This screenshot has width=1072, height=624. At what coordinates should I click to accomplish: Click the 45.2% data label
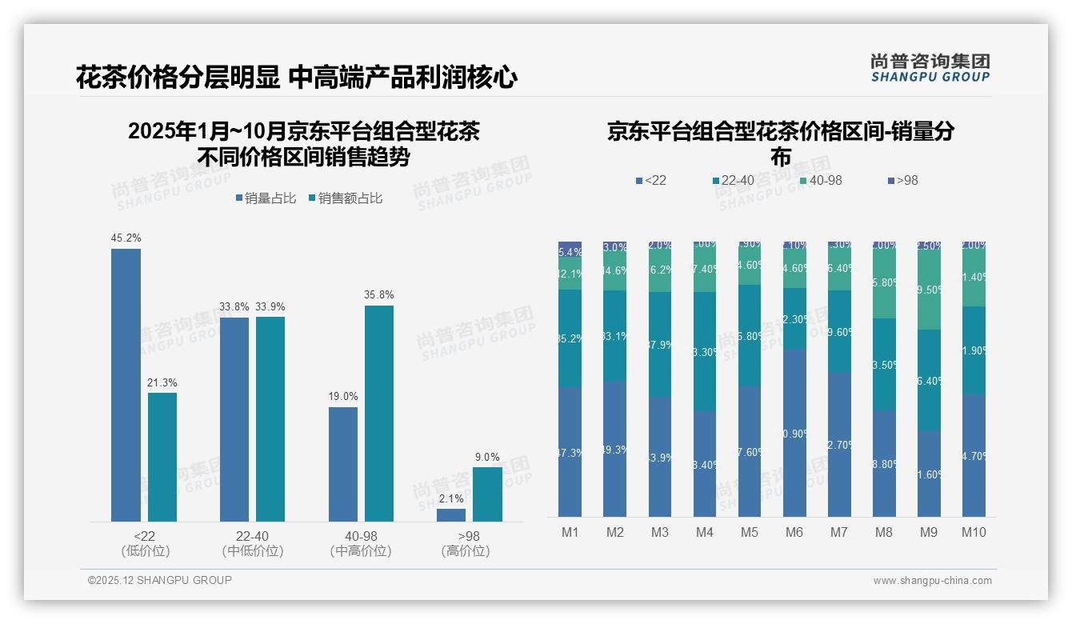click(126, 238)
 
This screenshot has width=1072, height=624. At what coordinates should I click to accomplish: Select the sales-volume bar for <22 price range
click(126, 385)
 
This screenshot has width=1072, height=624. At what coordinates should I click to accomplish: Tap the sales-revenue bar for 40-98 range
click(379, 414)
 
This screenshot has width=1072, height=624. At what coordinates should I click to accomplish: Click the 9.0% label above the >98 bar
click(487, 458)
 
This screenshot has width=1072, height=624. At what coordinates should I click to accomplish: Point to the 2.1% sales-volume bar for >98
click(451, 515)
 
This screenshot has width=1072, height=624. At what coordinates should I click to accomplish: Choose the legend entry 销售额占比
click(345, 198)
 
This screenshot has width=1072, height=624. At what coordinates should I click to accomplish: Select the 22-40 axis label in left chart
click(252, 536)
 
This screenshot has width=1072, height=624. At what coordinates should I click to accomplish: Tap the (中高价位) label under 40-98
click(361, 551)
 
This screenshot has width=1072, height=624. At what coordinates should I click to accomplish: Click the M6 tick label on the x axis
click(794, 533)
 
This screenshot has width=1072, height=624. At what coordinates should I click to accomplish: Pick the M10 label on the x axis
click(973, 533)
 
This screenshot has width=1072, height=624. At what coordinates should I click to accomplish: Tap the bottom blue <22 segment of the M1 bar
click(570, 452)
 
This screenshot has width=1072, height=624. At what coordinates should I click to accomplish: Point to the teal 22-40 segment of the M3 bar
click(660, 345)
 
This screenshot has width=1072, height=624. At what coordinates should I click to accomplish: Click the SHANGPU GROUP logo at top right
click(930, 67)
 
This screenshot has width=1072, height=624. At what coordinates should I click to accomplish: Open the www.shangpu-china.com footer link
click(932, 581)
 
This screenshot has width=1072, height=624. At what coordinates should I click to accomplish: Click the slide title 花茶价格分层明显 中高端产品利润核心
click(297, 78)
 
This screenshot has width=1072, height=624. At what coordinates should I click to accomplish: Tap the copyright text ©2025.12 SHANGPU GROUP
click(160, 581)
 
